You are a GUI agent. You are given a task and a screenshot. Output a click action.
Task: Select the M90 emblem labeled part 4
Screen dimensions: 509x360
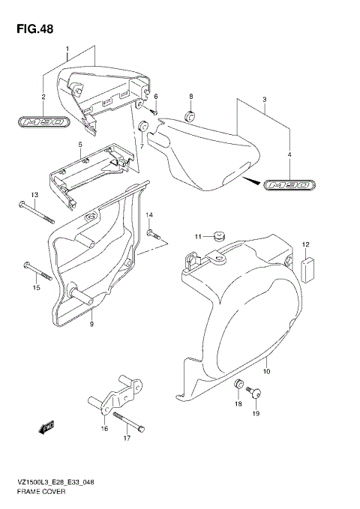coord(286,183)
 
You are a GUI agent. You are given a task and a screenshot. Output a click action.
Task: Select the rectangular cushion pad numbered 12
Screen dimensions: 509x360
coord(306,269)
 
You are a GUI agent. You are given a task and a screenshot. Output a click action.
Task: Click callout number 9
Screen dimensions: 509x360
coord(91,324)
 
